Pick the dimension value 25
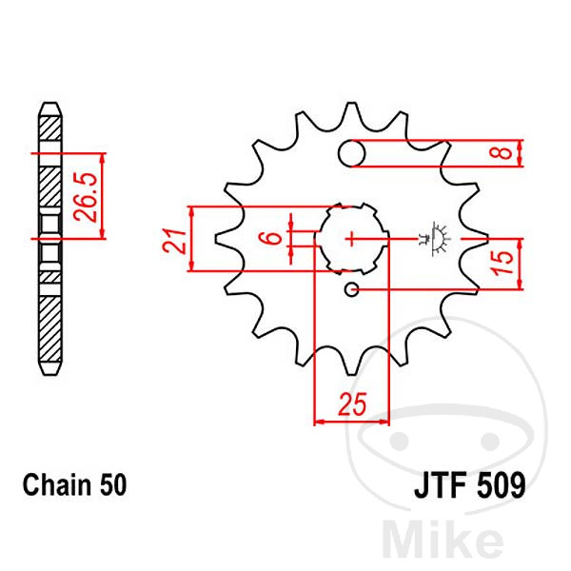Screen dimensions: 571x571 click(x=353, y=406)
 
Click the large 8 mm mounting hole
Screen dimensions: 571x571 click(x=353, y=153)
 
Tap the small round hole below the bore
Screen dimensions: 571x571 click(x=352, y=289)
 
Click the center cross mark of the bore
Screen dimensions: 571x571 click(x=353, y=237)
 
